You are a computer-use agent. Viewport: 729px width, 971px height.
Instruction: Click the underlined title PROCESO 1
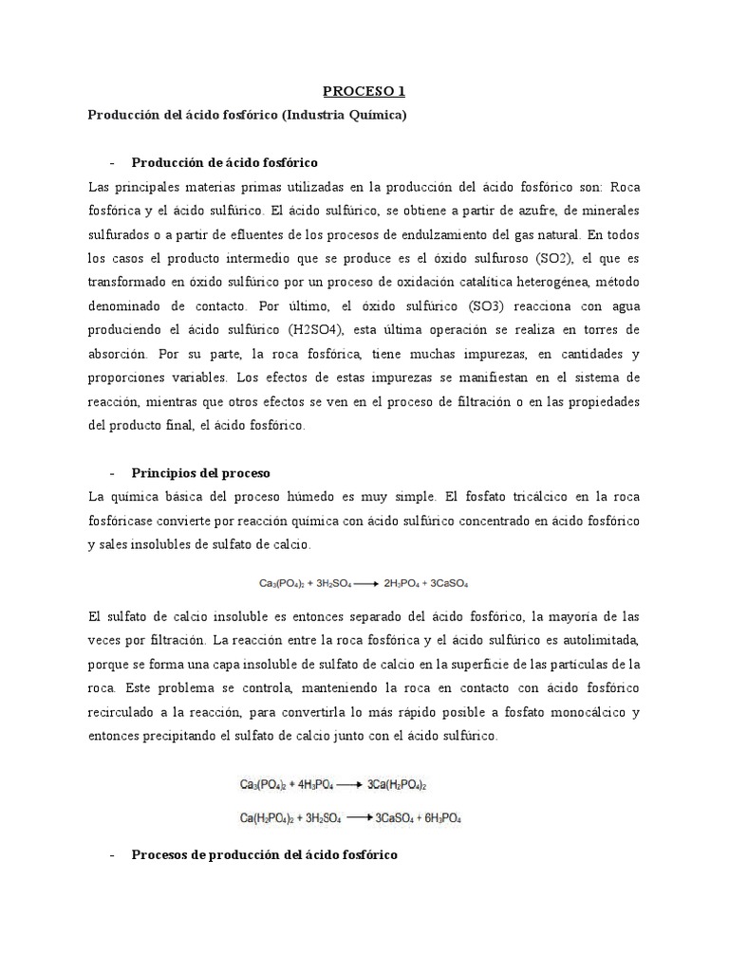pyautogui.click(x=364, y=91)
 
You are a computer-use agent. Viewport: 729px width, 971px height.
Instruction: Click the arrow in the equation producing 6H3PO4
pyautogui.click(x=360, y=816)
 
